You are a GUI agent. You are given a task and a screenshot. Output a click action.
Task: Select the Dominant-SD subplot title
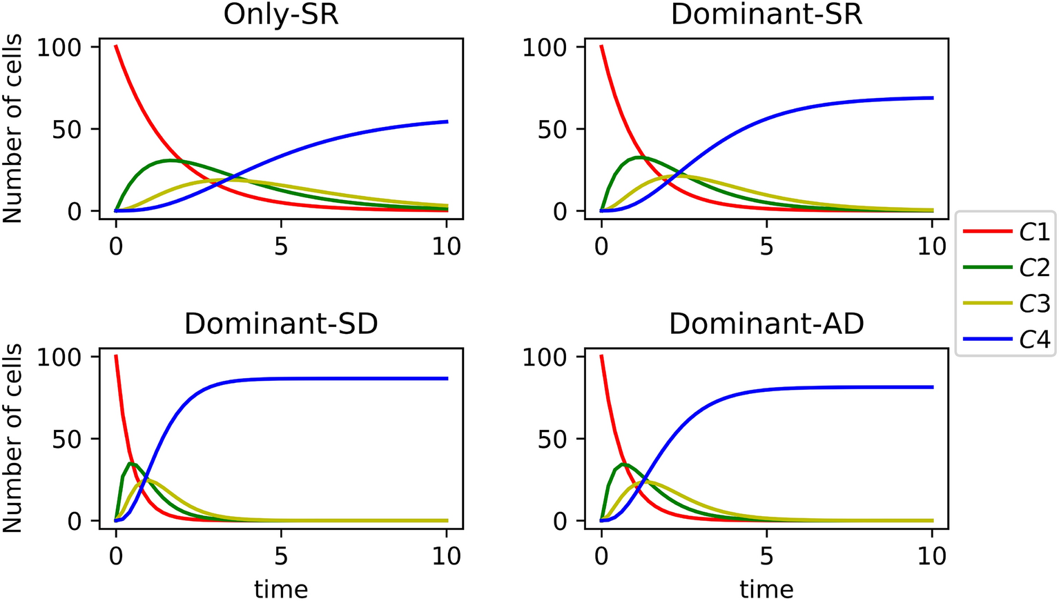281,324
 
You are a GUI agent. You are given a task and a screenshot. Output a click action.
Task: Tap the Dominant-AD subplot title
766,324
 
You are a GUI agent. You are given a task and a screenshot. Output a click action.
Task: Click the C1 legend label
1034,233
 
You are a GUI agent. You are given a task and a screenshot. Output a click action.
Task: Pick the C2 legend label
1034,268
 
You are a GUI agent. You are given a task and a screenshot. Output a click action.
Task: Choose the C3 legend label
1034,304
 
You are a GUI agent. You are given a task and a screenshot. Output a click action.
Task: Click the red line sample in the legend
987,233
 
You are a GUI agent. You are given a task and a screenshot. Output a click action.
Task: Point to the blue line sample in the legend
987,339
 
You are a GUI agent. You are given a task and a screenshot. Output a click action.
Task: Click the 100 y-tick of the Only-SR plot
60,48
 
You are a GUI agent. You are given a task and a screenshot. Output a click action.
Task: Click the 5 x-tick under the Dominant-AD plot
766,556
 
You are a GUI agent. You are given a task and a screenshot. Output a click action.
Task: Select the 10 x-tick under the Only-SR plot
447,246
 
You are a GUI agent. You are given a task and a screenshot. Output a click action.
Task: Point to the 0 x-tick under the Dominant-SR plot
601,246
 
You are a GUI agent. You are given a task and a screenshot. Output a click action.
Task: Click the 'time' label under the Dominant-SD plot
281,589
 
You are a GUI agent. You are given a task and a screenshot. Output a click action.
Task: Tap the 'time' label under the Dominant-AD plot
766,589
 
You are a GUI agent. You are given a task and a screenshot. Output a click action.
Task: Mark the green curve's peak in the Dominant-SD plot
133,464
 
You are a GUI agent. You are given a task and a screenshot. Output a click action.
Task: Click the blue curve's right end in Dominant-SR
932,98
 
